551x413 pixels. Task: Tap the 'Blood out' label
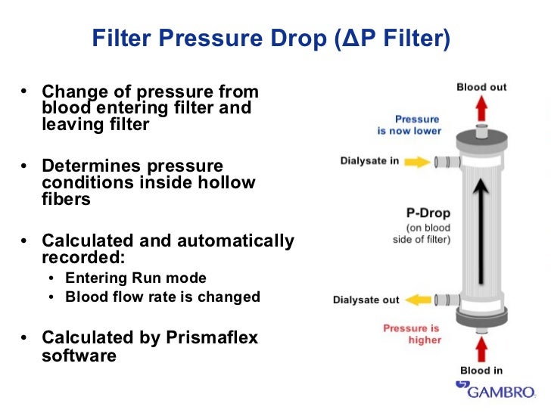point(481,87)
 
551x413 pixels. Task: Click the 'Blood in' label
point(481,371)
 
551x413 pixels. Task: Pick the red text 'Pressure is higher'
point(411,334)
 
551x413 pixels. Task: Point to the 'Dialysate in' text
point(369,161)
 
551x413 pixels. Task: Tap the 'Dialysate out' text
point(366,300)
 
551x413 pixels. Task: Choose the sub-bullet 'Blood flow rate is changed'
point(163,297)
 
